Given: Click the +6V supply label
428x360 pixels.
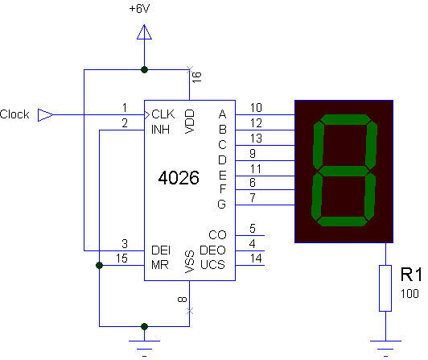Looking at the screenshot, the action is click(139, 9).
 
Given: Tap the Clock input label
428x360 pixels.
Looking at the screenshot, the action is click(14, 114).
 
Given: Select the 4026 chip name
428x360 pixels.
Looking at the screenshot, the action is click(179, 178).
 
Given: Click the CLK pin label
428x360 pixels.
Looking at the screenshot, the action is click(163, 114).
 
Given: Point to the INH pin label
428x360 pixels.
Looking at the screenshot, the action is click(161, 130).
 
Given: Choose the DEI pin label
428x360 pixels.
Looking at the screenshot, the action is click(161, 250).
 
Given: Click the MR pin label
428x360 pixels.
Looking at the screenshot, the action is click(160, 265).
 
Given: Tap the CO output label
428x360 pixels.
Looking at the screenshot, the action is click(217, 235).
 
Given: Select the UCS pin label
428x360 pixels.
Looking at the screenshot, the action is click(212, 265).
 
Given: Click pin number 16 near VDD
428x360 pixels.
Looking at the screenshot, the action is click(197, 77).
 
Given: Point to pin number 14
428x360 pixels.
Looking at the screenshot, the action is click(256, 259).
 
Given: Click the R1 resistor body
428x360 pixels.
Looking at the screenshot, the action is click(385, 288).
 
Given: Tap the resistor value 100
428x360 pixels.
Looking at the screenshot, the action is click(409, 294).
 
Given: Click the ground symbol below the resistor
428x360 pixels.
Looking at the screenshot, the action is click(385, 349).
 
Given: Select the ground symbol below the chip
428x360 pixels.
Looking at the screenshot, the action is click(144, 349).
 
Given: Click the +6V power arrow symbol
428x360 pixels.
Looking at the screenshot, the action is click(144, 32).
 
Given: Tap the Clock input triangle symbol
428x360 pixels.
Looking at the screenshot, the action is click(45, 115).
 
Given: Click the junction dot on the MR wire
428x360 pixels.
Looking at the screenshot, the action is click(100, 265).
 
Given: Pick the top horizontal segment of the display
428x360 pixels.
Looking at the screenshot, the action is click(345, 119).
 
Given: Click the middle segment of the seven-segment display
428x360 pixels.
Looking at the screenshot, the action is click(344, 172).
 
